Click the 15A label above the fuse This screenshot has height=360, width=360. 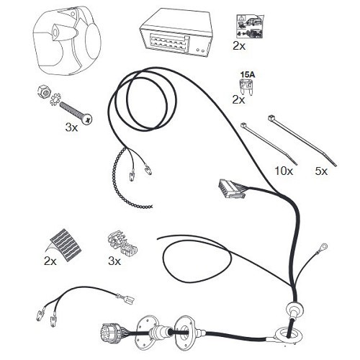click(248, 75)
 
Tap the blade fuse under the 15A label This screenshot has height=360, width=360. click(246, 87)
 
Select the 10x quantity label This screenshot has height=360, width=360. click(284, 171)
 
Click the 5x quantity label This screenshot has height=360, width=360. click(321, 171)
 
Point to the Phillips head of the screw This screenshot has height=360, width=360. click(86, 119)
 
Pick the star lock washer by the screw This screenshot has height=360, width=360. click(55, 99)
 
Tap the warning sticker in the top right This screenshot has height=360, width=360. click(250, 27)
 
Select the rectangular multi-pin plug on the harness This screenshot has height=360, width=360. click(231, 189)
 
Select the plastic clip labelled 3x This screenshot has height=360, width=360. click(122, 243)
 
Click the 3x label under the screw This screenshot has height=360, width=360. click(71, 127)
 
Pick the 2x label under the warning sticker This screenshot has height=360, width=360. click(239, 46)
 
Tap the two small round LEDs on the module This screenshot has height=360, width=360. click(201, 50)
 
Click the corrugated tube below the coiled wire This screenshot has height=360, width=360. click(125, 182)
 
